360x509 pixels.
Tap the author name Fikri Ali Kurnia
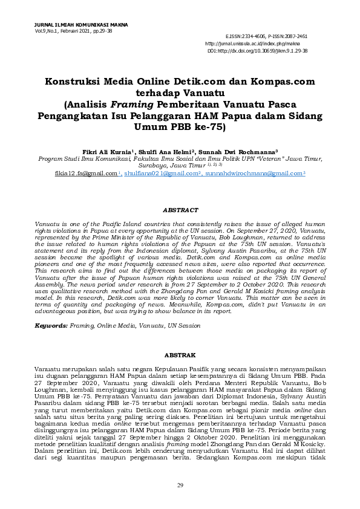coord(106,152)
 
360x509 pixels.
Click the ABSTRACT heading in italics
coord(180,210)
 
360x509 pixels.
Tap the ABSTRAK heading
coord(180,355)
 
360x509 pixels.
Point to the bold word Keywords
coord(51,325)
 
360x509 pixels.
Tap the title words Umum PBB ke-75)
coord(180,127)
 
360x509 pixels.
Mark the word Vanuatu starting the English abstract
coord(47,224)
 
